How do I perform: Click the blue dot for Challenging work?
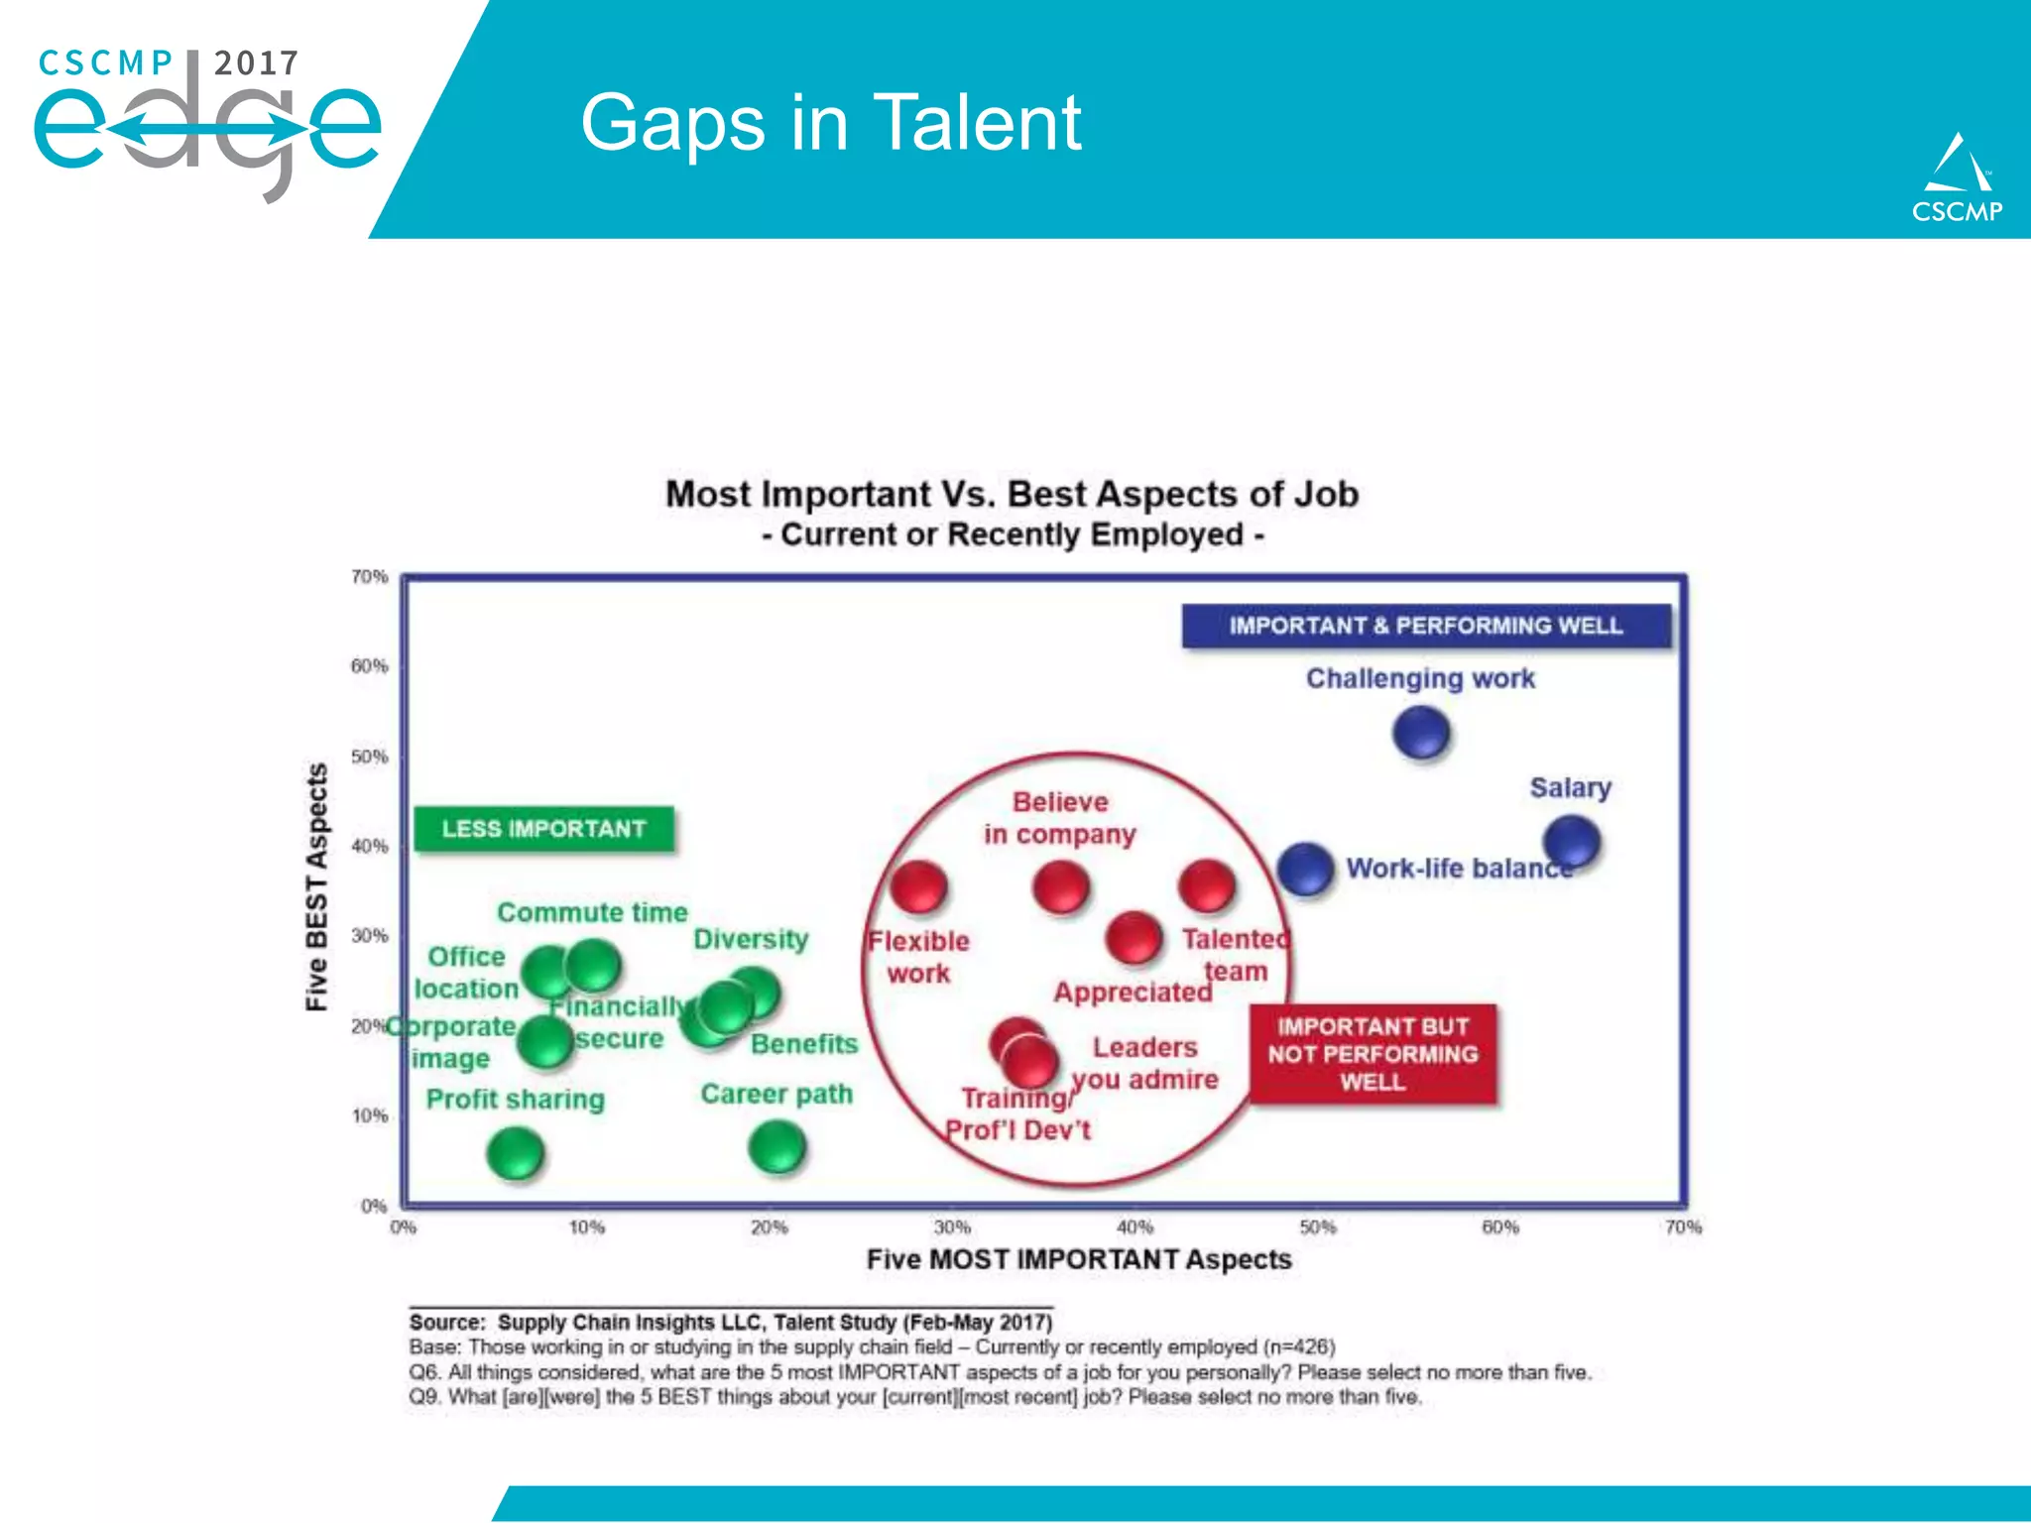1420,734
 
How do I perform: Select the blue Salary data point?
1571,842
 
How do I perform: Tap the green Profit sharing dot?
516,1154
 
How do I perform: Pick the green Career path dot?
777,1147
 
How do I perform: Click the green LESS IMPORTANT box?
543,829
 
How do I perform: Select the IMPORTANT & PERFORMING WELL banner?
1426,626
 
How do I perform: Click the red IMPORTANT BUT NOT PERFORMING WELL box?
1373,1054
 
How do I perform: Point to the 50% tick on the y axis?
369,757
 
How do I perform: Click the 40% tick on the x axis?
1135,1228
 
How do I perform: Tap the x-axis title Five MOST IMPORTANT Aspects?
1079,1259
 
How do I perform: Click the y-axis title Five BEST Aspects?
316,886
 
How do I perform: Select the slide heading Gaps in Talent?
830,123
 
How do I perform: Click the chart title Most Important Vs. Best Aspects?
1012,494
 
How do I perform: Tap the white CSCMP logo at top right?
1957,178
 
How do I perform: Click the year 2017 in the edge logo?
256,63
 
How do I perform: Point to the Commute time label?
592,912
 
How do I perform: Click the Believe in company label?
1059,818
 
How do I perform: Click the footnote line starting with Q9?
914,1397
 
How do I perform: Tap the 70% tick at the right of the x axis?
1682,1228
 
